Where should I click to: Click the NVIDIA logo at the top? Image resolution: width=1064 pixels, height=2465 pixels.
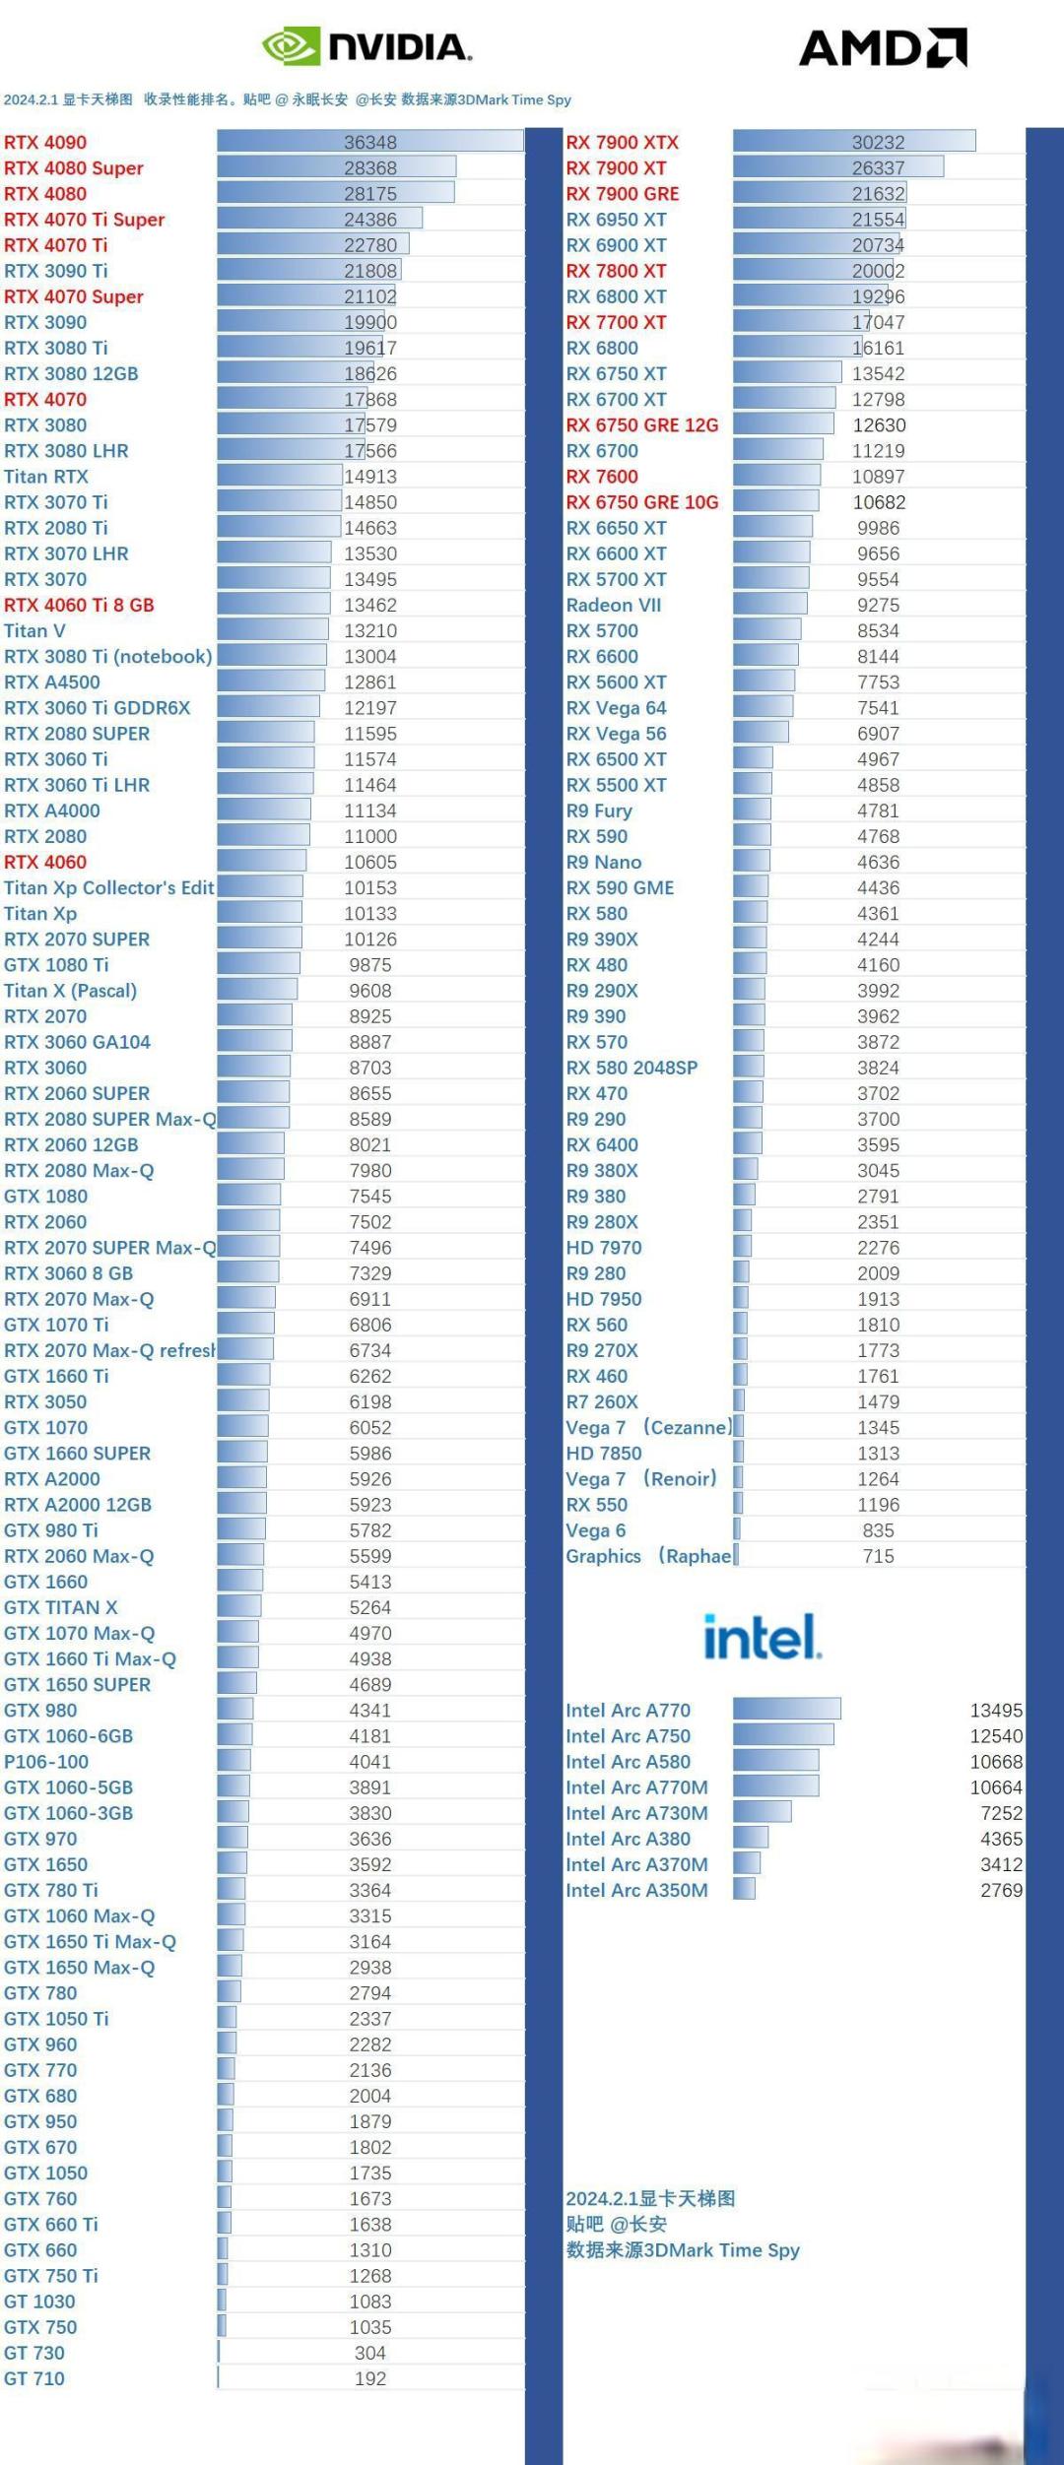[366, 46]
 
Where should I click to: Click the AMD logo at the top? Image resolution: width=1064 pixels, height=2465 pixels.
[883, 47]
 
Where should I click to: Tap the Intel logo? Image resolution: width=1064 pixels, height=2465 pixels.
[763, 1637]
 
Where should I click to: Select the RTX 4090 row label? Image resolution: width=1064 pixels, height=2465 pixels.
[45, 142]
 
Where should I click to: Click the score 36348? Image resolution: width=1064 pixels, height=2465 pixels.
[370, 142]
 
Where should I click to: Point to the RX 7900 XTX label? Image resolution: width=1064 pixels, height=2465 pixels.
[622, 142]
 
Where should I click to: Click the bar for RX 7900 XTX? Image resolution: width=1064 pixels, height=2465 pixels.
[853, 142]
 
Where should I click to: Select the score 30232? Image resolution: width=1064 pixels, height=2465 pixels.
[878, 142]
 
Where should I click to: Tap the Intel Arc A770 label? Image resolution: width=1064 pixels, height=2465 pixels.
[628, 1711]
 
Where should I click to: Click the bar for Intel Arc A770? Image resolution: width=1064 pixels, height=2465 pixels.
[786, 1709]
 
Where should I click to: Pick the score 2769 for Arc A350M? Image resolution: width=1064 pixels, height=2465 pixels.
[1001, 1890]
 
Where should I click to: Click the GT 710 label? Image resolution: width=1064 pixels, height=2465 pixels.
[34, 2378]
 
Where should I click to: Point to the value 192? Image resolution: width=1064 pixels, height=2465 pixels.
[370, 2378]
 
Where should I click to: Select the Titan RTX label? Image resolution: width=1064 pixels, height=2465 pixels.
[46, 477]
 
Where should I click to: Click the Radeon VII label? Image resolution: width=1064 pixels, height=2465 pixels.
[613, 605]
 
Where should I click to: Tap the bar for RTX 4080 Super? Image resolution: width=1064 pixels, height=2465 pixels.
[336, 167]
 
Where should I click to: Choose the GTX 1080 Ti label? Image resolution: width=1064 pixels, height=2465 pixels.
[56, 965]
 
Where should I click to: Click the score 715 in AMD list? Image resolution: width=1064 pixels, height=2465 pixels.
[878, 1556]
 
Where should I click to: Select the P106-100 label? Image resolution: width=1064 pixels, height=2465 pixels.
[46, 1762]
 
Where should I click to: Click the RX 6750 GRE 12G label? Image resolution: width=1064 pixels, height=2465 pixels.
[641, 425]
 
